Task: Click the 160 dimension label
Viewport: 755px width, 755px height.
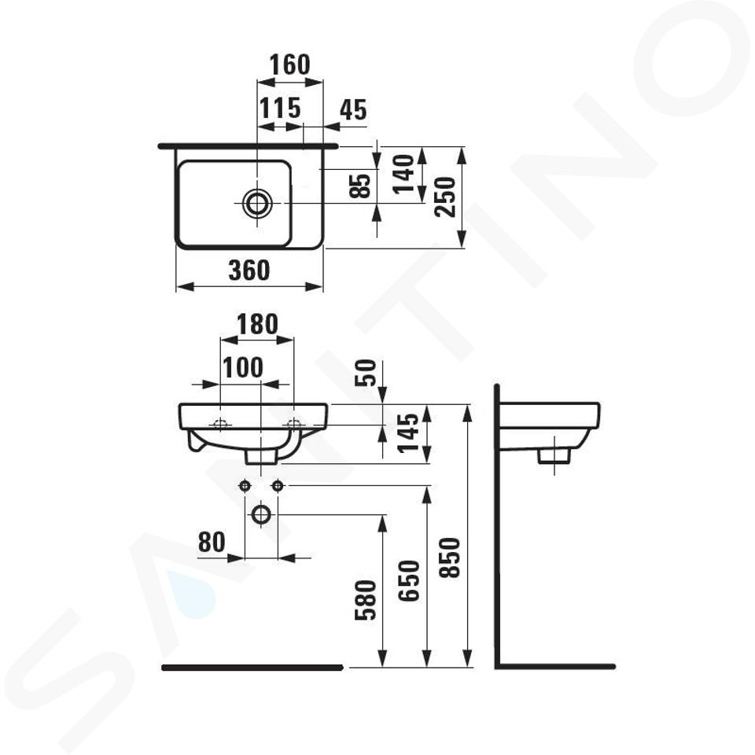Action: [x=289, y=64]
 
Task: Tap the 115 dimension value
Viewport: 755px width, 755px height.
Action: [x=280, y=108]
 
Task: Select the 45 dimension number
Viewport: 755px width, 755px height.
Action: [x=353, y=110]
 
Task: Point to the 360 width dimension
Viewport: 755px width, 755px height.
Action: [x=249, y=270]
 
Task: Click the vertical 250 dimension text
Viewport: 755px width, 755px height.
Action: [x=445, y=197]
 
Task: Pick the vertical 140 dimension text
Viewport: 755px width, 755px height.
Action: [x=403, y=174]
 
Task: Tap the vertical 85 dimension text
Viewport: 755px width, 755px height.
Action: [x=361, y=185]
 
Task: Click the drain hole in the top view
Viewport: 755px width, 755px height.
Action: [x=257, y=203]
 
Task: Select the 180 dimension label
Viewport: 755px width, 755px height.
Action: [x=257, y=325]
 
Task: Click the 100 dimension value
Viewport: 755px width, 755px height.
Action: [x=243, y=368]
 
